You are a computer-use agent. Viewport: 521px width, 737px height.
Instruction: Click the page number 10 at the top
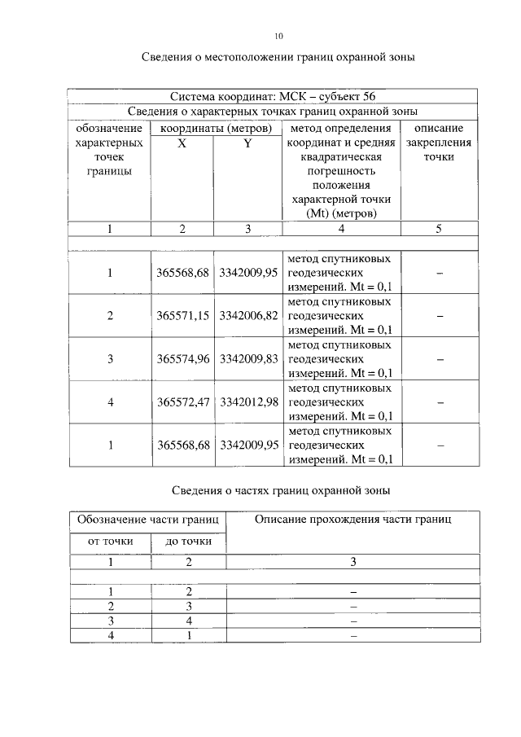[x=278, y=36]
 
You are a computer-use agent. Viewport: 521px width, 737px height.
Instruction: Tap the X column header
[x=182, y=143]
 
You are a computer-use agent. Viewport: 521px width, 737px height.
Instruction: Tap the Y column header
[x=247, y=143]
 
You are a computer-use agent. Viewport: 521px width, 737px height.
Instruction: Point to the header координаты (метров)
[x=215, y=129]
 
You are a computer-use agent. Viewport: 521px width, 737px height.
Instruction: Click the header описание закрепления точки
[x=438, y=143]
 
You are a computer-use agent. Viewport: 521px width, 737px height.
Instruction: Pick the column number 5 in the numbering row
[x=438, y=229]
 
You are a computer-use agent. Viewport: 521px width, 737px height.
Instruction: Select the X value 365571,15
[x=183, y=315]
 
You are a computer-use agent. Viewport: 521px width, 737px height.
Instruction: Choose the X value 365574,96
[x=183, y=358]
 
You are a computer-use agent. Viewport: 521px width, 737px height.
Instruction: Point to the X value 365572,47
[x=183, y=401]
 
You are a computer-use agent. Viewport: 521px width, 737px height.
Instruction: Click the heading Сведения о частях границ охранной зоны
[x=282, y=490]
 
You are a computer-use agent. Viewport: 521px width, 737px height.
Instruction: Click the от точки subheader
[x=111, y=541]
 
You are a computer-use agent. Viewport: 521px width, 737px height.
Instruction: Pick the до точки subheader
[x=189, y=541]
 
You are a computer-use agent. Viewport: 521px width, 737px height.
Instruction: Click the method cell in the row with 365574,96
[x=340, y=358]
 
